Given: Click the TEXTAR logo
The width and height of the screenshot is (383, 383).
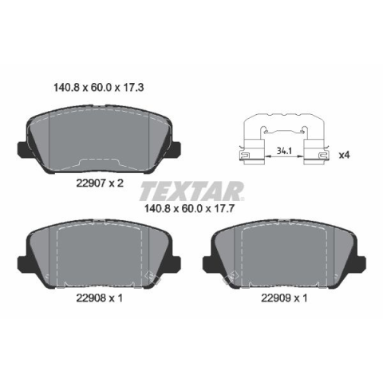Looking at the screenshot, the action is pyautogui.click(x=191, y=191).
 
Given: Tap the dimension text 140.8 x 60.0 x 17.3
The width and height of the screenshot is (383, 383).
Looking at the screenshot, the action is pyautogui.click(x=99, y=88).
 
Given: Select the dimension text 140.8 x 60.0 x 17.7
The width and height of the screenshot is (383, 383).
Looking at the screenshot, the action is pyautogui.click(x=189, y=208).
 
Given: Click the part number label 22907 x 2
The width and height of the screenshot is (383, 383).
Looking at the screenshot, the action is pyautogui.click(x=100, y=183).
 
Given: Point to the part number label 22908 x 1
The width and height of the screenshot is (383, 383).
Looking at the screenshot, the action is pyautogui.click(x=100, y=298).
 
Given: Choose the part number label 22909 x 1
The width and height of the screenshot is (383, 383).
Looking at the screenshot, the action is pyautogui.click(x=284, y=298).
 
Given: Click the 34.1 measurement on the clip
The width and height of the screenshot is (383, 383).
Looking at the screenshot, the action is pyautogui.click(x=284, y=151).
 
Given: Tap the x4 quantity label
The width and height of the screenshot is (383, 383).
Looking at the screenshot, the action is pyautogui.click(x=344, y=155).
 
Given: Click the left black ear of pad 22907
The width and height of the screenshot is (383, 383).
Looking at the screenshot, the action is pyautogui.click(x=23, y=150).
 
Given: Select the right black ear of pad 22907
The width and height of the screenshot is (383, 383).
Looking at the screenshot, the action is pyautogui.click(x=176, y=150).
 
